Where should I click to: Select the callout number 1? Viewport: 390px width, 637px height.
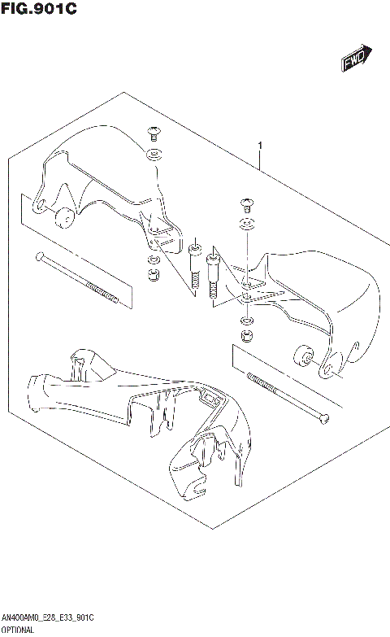pos(260,146)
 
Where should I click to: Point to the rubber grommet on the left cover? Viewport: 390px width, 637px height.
pos(62,217)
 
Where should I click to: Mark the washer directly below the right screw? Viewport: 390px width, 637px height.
pos(246,225)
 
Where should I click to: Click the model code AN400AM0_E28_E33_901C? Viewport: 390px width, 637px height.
pos(48,619)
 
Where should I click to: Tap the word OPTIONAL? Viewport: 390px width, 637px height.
pos(17,631)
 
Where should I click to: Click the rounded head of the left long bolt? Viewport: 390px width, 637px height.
pos(38,258)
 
